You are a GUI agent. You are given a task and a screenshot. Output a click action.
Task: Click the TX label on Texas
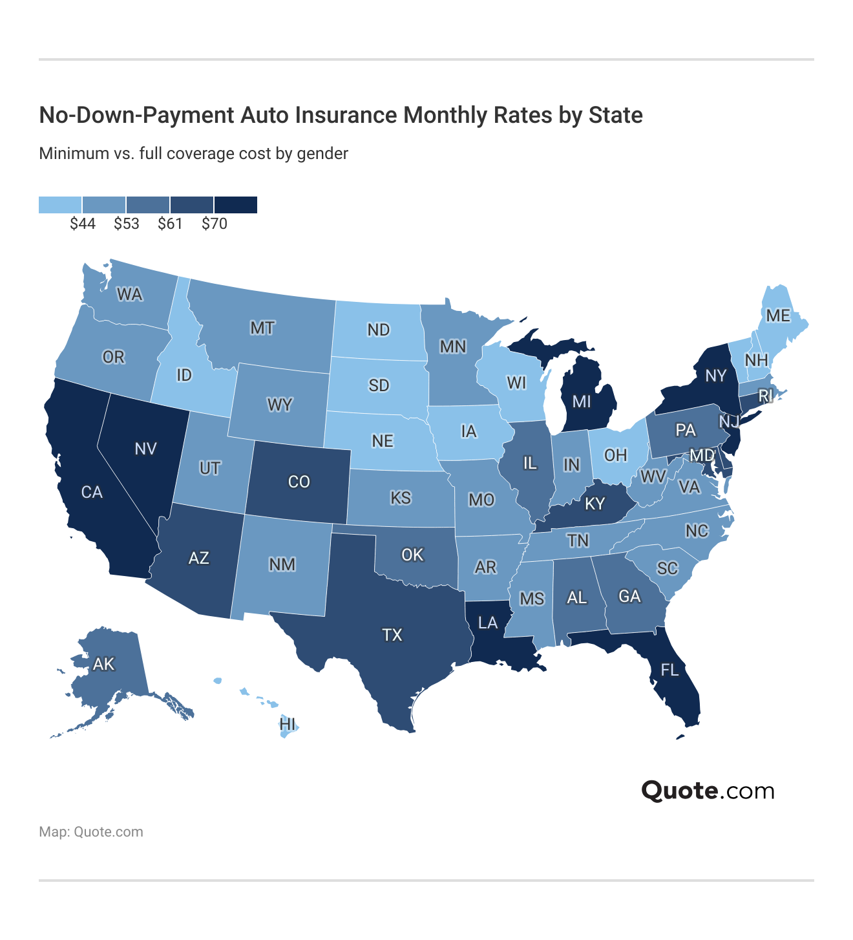[x=392, y=635]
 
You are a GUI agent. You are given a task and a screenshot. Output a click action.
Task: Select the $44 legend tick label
[x=83, y=224]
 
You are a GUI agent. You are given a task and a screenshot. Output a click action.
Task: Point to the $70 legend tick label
[x=215, y=224]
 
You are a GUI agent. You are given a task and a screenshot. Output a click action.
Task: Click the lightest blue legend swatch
[x=60, y=205]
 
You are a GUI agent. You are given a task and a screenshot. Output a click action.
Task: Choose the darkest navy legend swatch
[x=236, y=205]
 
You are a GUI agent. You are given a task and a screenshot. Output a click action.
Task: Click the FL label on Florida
[x=670, y=670]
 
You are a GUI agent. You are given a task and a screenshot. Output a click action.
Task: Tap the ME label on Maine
[x=778, y=315]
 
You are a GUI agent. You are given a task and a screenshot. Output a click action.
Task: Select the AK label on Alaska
[x=103, y=664]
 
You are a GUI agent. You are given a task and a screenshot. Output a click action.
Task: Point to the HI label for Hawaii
[x=288, y=723]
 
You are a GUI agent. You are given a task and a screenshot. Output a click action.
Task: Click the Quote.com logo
[x=708, y=791]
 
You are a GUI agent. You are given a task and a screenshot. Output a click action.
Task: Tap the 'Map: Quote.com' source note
[x=91, y=832]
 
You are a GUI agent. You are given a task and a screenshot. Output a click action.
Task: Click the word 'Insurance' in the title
[x=346, y=115]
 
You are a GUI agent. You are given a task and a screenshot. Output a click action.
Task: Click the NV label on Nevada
[x=146, y=449]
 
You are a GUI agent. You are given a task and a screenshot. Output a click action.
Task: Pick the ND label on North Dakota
[x=379, y=330]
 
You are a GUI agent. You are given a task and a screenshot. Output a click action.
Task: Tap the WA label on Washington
[x=129, y=295]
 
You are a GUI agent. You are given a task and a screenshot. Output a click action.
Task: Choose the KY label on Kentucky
[x=595, y=504]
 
